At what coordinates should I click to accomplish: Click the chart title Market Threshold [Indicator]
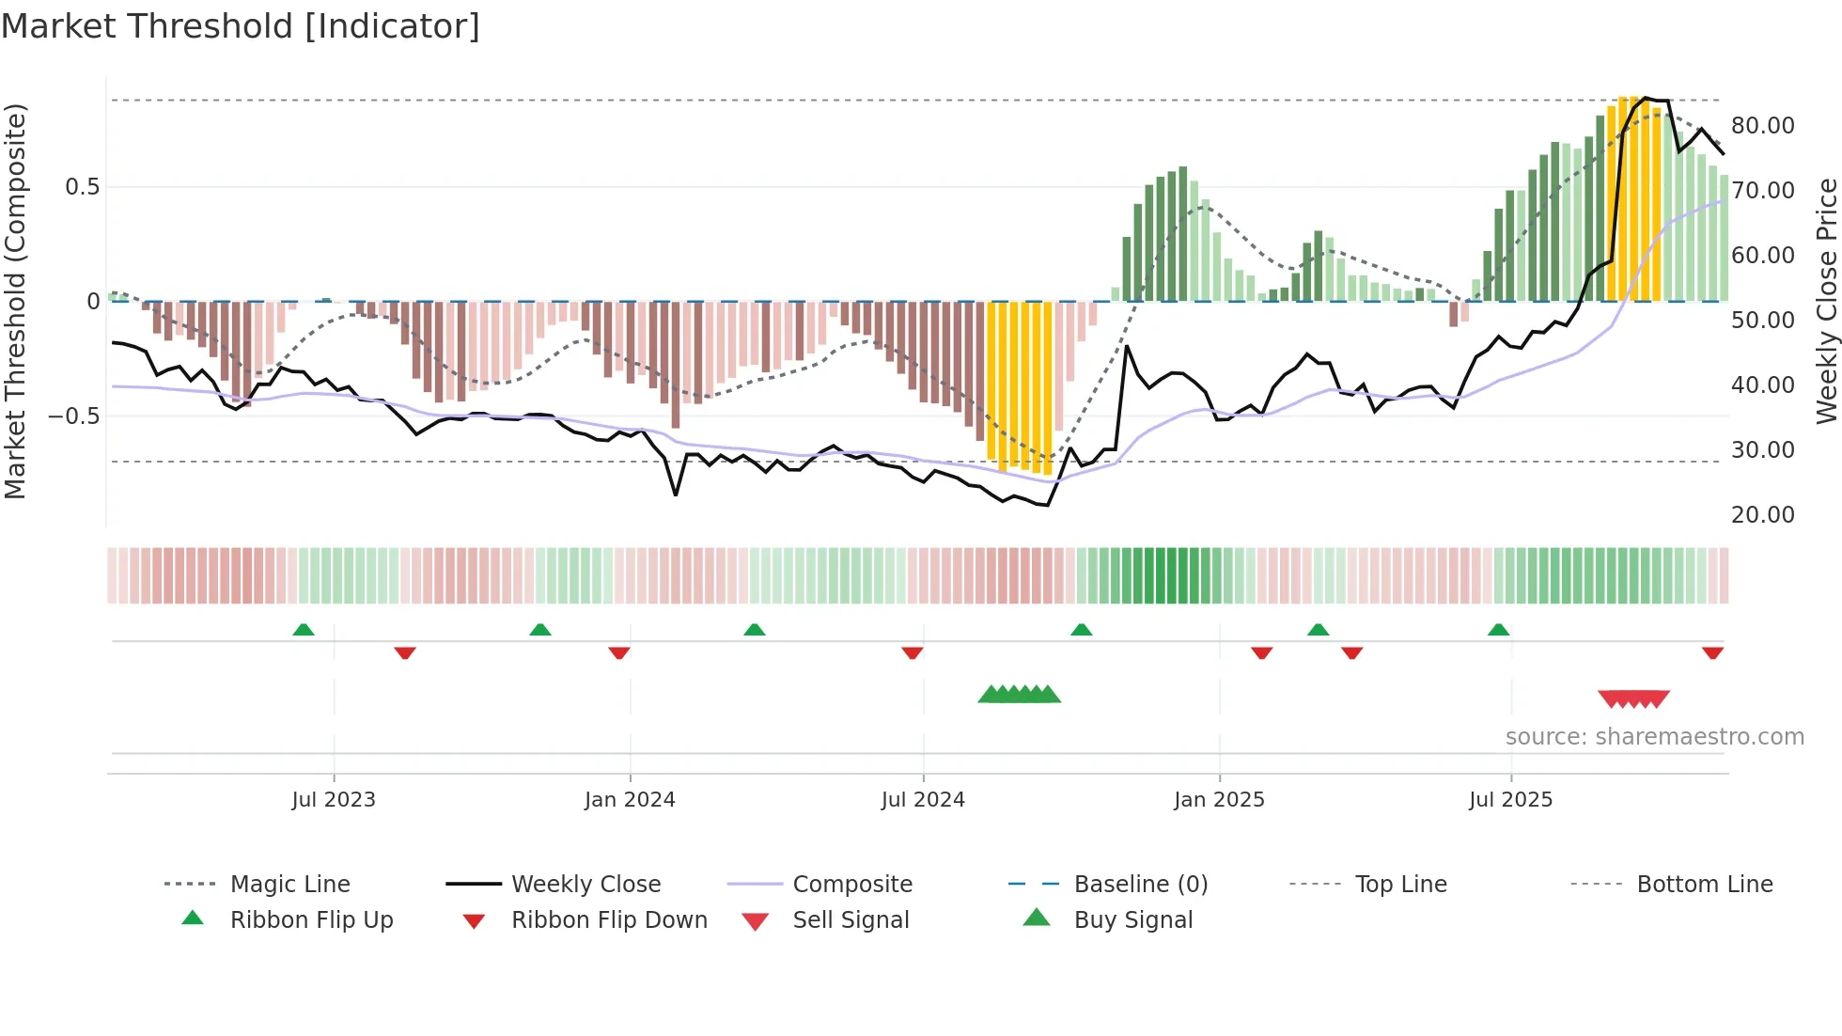point(241,26)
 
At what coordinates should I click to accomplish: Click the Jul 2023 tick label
point(334,800)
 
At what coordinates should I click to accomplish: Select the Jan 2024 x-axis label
point(630,800)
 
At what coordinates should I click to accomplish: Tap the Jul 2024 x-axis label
point(923,800)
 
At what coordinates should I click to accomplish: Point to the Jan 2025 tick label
point(1219,800)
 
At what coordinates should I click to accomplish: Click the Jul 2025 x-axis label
point(1510,800)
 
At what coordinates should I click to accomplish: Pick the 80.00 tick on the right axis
point(1762,126)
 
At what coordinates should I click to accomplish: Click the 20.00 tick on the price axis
point(1762,515)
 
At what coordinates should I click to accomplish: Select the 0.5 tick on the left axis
point(82,187)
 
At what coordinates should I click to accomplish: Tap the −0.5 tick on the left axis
point(74,416)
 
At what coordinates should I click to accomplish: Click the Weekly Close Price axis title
point(1826,301)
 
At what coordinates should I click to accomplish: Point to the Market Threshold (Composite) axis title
point(15,301)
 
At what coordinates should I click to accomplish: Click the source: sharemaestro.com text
point(1654,737)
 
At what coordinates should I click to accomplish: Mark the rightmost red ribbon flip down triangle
point(1712,652)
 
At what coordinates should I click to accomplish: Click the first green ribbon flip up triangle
point(304,630)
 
